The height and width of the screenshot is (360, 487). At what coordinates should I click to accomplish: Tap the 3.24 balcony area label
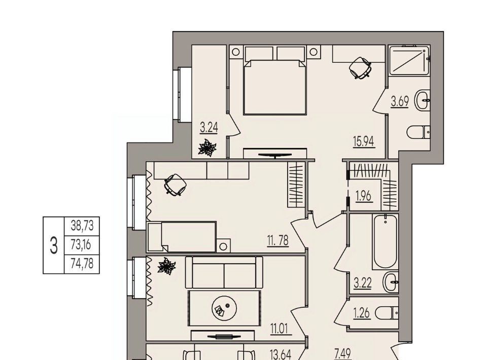(x=208, y=128)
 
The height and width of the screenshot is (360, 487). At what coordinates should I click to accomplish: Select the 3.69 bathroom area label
(x=400, y=101)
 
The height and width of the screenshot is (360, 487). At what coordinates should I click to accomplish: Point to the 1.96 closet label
(x=363, y=196)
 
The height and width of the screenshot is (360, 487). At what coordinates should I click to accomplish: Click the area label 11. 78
(x=277, y=240)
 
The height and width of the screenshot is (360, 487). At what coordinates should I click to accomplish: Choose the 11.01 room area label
(x=279, y=329)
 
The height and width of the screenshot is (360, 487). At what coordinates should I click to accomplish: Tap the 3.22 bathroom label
(x=363, y=283)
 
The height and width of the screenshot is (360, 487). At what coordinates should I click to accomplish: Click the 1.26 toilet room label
(x=362, y=313)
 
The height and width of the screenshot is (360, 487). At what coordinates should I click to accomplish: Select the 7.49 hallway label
(x=343, y=353)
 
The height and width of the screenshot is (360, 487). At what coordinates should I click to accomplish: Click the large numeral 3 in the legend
(x=54, y=245)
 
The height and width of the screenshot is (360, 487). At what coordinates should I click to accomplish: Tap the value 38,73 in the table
(x=82, y=226)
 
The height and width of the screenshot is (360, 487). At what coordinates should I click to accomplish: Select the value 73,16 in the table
(x=81, y=245)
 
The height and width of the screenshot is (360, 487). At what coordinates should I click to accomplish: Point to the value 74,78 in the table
(x=82, y=264)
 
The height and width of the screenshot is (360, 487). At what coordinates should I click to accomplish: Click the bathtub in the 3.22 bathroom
(x=386, y=241)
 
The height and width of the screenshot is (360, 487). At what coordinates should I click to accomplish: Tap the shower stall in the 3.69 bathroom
(x=409, y=60)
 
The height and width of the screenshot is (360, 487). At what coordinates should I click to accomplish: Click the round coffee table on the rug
(x=224, y=308)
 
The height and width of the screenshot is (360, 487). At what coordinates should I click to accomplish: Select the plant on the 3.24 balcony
(x=207, y=148)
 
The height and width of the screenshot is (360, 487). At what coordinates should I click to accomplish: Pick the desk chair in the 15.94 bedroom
(x=360, y=67)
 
